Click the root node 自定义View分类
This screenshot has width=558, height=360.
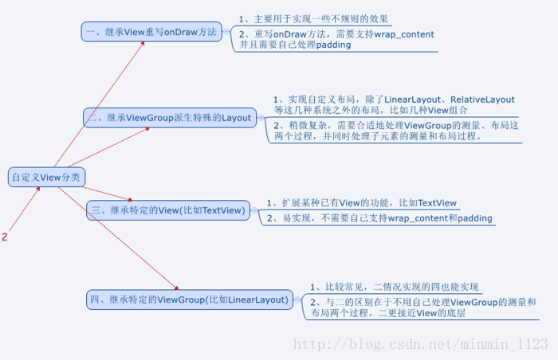click(x=45, y=177)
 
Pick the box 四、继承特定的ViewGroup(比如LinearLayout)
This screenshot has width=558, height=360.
click(x=188, y=299)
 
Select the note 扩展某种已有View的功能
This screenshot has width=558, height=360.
click(x=363, y=203)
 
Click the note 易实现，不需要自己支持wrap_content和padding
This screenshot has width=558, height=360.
click(x=379, y=218)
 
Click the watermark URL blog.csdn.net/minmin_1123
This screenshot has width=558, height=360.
click(x=421, y=344)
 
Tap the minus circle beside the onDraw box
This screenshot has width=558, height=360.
click(x=227, y=32)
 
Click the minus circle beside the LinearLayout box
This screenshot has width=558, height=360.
click(x=297, y=299)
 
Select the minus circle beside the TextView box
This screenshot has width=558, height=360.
click(x=253, y=210)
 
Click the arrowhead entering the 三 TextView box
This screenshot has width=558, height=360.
click(x=128, y=198)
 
